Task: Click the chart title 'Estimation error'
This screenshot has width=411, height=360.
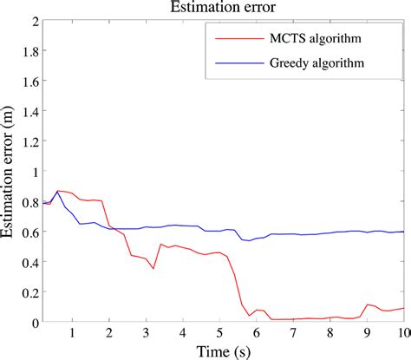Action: [x=223, y=8]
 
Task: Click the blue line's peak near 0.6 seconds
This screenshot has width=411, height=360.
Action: [x=58, y=192]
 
